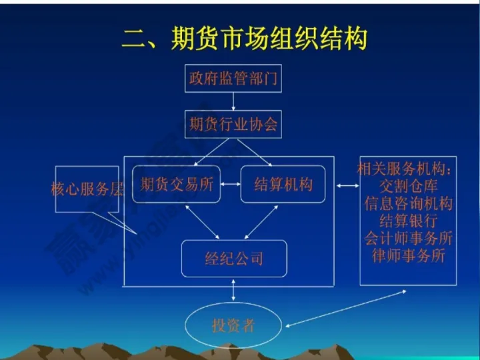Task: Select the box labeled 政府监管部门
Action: click(233, 79)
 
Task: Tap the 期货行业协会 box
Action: click(233, 124)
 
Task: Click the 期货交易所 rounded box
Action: click(176, 185)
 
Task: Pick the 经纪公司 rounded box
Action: click(233, 259)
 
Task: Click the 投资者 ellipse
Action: click(233, 325)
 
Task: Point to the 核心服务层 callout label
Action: click(87, 189)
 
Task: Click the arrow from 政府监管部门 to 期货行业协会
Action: click(233, 101)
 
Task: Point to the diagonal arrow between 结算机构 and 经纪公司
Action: click(261, 221)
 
